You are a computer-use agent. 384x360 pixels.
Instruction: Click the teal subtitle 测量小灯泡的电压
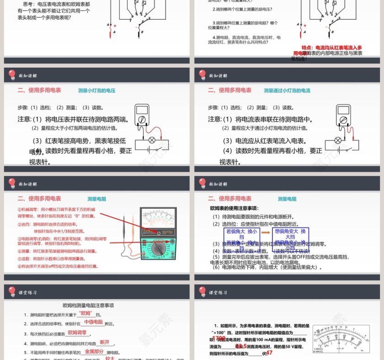click(x=96, y=90)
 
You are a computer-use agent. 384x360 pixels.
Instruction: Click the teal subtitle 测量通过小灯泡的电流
click(x=287, y=90)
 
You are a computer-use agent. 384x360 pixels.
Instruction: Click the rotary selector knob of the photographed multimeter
click(x=159, y=249)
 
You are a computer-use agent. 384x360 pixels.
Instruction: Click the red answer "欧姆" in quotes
click(x=87, y=313)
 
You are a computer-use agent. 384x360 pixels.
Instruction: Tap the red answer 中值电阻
click(x=93, y=322)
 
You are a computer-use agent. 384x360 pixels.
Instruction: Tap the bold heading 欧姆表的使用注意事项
click(x=240, y=208)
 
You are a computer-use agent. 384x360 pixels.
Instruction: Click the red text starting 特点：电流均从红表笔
click(x=332, y=47)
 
